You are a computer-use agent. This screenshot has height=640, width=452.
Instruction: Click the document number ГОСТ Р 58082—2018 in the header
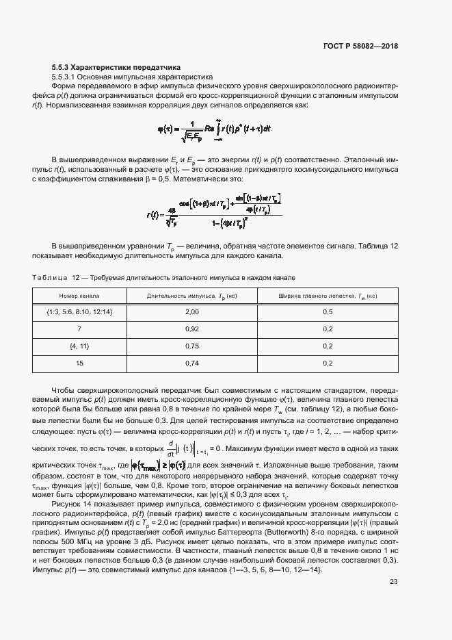(360, 46)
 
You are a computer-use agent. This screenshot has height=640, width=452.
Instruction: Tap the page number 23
(394, 583)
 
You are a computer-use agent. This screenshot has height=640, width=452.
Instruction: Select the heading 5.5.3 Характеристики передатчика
(116, 68)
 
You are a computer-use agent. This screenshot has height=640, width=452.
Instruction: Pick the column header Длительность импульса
(191, 296)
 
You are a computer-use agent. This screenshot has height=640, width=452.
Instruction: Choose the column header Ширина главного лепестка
(327, 296)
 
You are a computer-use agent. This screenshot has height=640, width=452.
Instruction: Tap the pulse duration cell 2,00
(191, 312)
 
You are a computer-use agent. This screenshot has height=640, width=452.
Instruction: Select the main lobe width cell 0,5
(327, 312)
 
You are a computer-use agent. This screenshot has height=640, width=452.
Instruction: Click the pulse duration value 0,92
(191, 329)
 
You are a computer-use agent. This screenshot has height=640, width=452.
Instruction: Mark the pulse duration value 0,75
(191, 346)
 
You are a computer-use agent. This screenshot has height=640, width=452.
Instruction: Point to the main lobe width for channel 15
(327, 363)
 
